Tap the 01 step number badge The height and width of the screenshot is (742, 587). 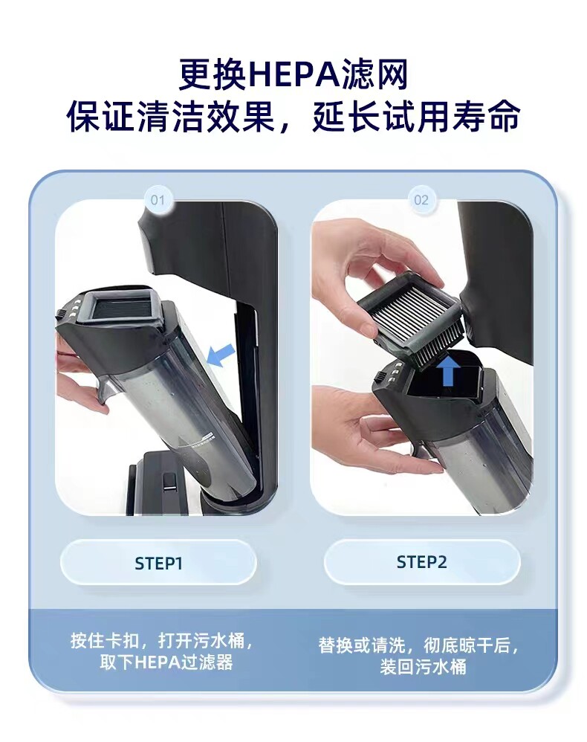click(x=158, y=200)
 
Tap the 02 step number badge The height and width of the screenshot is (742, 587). click(x=421, y=200)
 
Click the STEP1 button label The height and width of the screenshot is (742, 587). click(x=158, y=564)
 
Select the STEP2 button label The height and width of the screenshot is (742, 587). click(x=421, y=562)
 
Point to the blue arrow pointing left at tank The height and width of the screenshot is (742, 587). click(x=221, y=355)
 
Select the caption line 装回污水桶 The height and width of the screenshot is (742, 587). click(x=423, y=667)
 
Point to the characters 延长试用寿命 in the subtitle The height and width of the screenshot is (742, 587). click(x=416, y=117)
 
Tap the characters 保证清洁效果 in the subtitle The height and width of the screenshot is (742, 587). click(x=171, y=117)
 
